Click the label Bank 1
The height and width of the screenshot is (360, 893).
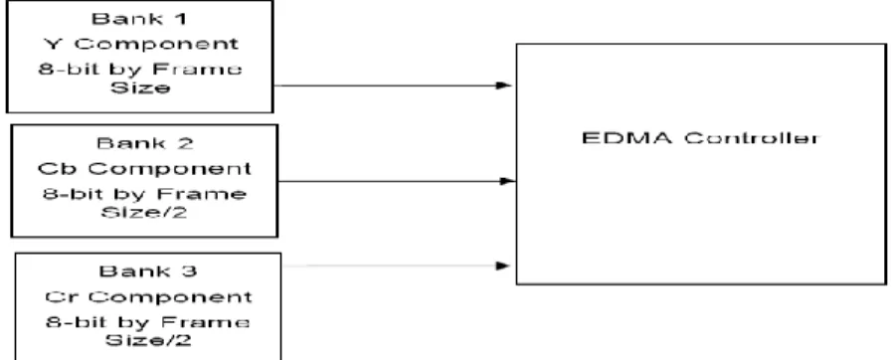tap(139, 19)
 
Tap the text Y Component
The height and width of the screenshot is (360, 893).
tap(140, 44)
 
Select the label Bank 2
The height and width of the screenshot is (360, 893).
tap(144, 143)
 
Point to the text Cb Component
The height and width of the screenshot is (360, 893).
tap(144, 169)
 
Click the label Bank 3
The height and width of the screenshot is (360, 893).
tap(148, 270)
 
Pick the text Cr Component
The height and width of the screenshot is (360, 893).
tap(148, 296)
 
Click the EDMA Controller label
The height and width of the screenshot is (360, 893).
tap(700, 138)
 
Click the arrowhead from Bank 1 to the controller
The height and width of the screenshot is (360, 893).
tap(504, 86)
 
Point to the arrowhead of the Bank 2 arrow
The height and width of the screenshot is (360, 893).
tap(507, 181)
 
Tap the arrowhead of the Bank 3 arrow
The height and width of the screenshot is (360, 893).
tap(503, 266)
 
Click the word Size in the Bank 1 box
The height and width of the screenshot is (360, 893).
tap(140, 89)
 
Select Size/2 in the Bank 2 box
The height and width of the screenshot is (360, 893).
tap(144, 213)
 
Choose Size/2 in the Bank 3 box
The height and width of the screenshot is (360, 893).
tap(148, 341)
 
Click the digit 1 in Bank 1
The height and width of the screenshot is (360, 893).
tap(181, 19)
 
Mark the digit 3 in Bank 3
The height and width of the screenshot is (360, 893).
tap(190, 270)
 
